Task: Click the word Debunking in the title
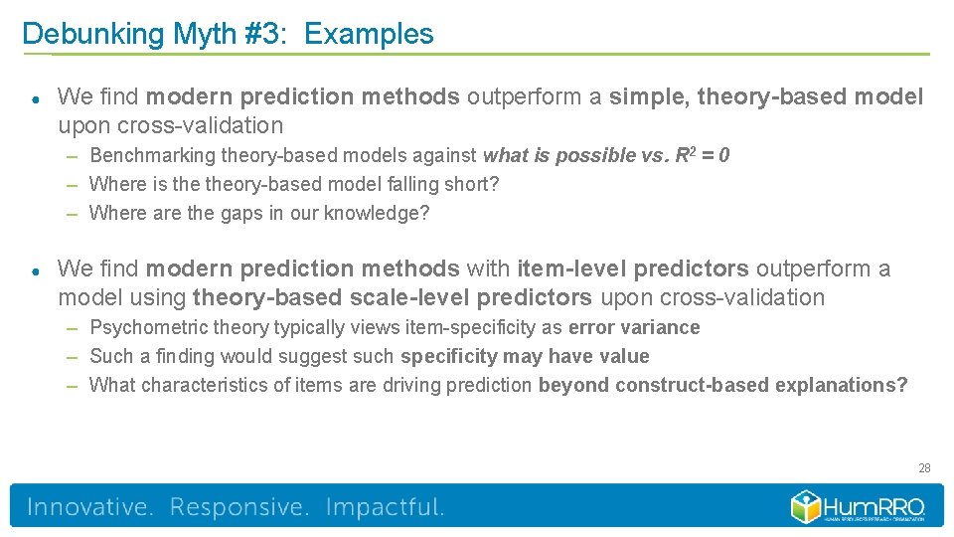tap(92, 34)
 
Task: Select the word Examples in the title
tap(369, 34)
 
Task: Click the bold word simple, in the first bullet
tap(649, 96)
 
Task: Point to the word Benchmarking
tap(153, 155)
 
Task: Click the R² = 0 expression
tap(704, 155)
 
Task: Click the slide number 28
tap(924, 467)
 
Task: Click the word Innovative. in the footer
tap(90, 507)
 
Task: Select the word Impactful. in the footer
tap(385, 507)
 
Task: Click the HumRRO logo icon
tap(805, 506)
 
